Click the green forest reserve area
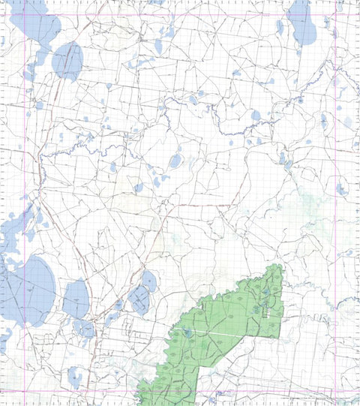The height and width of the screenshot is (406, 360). (232, 330)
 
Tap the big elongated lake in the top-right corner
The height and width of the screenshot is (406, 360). (303, 23)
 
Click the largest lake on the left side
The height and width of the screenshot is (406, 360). (31, 289)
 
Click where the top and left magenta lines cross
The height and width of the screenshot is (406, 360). (30, 15)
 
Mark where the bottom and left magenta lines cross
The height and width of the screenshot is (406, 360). (30, 389)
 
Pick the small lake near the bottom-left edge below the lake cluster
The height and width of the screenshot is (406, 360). (75, 375)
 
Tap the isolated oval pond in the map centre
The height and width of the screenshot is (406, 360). (175, 161)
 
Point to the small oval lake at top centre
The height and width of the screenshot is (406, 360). (158, 47)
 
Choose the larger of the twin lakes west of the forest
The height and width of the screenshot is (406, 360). (139, 300)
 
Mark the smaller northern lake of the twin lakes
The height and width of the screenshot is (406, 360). (148, 280)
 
